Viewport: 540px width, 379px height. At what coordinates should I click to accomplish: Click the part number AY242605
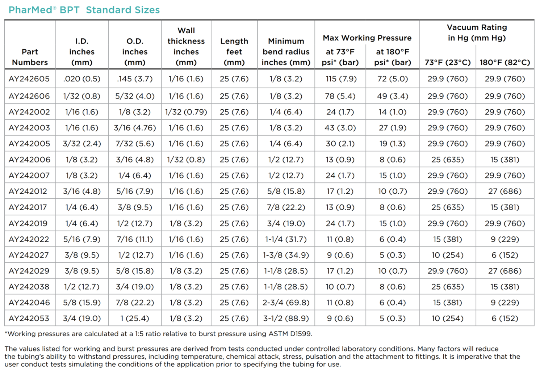point(29,79)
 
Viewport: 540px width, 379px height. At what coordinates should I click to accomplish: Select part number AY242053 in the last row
point(29,318)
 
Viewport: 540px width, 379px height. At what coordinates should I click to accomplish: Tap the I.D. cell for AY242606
point(82,96)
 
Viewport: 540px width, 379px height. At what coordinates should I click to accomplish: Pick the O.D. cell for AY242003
point(135,128)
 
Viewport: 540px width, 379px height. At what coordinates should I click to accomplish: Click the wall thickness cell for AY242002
point(186,112)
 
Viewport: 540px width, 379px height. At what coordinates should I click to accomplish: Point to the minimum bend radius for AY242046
point(286,302)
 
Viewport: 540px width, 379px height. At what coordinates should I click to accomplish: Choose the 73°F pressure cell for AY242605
point(340,79)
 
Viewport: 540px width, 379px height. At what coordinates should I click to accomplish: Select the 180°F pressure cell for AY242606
point(393,96)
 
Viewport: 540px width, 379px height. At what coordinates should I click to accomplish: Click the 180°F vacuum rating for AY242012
point(505,191)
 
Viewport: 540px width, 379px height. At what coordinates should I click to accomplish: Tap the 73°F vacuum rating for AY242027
point(448,255)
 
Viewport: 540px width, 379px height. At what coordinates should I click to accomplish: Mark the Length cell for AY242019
point(234,223)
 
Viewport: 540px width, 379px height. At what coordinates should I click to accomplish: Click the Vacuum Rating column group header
point(477,33)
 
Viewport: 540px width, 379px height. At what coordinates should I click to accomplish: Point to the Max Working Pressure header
point(367,38)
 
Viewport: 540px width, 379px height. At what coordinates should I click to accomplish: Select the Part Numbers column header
point(30,57)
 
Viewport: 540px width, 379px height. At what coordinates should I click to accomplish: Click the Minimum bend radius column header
point(286,52)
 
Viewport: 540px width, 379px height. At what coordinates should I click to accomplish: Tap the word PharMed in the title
point(30,10)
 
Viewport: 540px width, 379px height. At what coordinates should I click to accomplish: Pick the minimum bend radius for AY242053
point(286,318)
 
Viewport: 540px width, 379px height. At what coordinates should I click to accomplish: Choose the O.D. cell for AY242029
point(135,271)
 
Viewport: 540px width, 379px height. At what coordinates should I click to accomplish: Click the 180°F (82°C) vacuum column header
point(505,62)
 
